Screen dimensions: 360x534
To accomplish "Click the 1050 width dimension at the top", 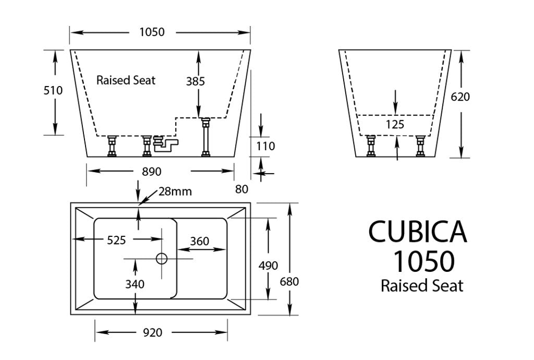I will coord(152,32).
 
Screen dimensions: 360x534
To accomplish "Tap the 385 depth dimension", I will coord(196,81).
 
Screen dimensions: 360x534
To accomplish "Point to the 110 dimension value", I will coord(265,147).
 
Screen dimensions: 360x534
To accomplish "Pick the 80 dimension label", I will coord(241,188).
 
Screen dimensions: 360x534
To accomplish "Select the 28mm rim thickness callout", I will coord(175,191).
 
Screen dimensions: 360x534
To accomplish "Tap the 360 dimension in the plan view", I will coord(200,241).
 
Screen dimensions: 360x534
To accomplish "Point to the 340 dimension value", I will coord(135,284).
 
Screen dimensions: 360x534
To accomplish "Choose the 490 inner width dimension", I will coord(268,266).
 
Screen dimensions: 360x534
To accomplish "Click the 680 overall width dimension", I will coord(289,282).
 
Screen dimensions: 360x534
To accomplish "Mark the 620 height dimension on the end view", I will coord(460,97).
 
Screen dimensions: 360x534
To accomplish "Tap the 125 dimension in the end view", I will coord(395,125).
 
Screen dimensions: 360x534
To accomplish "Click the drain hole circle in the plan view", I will coord(162,258).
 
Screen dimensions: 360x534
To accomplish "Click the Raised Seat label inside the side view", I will coord(126,80).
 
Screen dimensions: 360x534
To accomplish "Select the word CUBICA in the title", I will coord(417,231).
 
